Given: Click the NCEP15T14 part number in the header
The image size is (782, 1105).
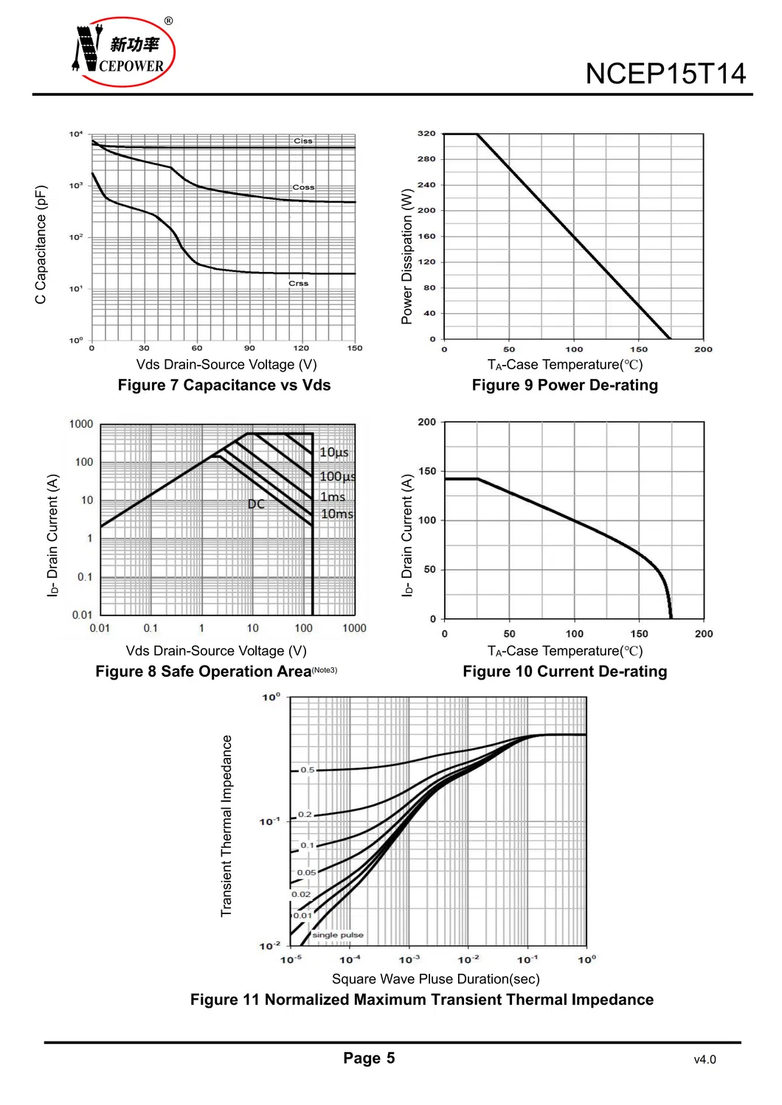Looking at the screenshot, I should (x=665, y=74).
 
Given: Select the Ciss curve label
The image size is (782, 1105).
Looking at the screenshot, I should (x=303, y=140).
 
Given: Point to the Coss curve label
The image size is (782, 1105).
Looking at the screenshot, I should (x=303, y=187).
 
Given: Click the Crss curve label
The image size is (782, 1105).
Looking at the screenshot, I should (x=298, y=283).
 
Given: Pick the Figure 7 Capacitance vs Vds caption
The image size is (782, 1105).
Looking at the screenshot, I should (x=224, y=385).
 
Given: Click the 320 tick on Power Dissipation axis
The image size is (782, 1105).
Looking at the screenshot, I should (x=426, y=133).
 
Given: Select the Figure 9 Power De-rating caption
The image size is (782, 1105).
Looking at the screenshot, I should (x=564, y=385).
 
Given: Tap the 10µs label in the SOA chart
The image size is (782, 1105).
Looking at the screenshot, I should (x=333, y=452).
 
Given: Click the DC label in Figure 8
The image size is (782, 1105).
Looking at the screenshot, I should (x=256, y=504).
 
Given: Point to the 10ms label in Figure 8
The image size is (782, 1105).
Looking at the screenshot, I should (x=336, y=514).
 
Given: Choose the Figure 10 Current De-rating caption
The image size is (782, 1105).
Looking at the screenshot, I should (x=564, y=672).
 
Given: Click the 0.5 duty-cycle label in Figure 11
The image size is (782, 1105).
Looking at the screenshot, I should (x=307, y=770).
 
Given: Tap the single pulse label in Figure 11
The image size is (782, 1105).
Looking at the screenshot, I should (x=338, y=935).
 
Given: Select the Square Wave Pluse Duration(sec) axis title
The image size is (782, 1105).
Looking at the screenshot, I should (x=435, y=979).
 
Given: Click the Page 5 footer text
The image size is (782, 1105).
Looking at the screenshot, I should (x=369, y=1058).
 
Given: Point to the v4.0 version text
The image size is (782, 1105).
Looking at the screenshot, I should (x=705, y=1059).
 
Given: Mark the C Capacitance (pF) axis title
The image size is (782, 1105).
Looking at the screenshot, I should (x=41, y=244).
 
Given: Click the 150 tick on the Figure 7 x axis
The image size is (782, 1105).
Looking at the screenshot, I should (x=355, y=348).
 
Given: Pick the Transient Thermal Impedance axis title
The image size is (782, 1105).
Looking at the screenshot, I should (x=226, y=826).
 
